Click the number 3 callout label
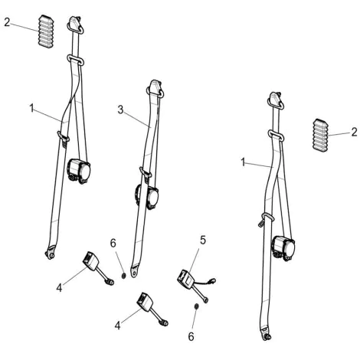coord(120,110)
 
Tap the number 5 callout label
coord(203,241)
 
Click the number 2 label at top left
coord(7,22)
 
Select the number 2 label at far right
coord(354,133)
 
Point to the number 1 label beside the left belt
coord(31,108)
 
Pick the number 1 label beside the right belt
coord(243,162)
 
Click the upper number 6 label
coord(113,244)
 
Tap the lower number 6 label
coord(191,337)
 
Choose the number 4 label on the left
coord(59,288)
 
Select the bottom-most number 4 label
coord(117,326)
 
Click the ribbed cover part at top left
coord(46,31)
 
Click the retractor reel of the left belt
coord(79,171)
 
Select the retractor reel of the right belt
coord(283,247)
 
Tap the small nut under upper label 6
coord(123,276)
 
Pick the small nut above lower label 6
coord(197,306)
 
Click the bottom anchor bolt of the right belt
coord(267,337)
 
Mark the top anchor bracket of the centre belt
coord(155,87)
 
